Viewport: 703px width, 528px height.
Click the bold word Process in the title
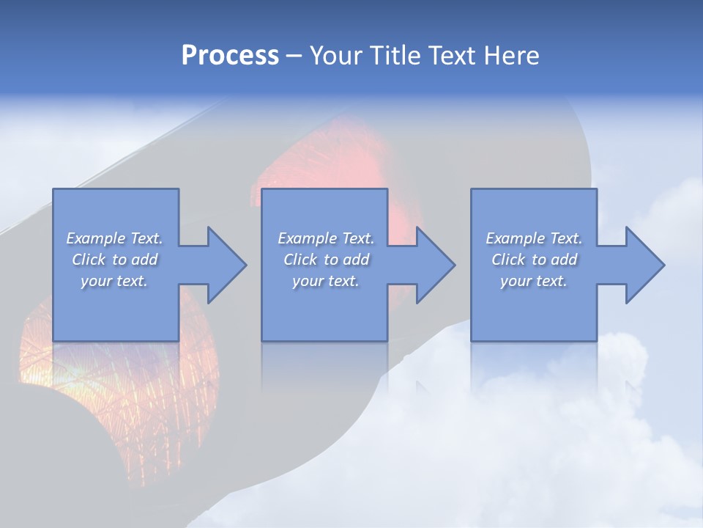click(230, 56)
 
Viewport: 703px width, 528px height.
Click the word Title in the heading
click(394, 56)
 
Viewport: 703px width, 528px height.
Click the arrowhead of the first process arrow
click(227, 265)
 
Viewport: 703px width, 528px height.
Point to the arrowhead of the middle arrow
click(436, 265)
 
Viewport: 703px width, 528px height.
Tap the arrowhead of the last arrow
click(644, 265)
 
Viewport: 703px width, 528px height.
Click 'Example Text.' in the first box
click(114, 238)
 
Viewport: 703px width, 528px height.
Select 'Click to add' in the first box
click(114, 260)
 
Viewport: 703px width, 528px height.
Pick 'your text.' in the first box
click(114, 281)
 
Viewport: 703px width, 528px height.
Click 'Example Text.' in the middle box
click(325, 238)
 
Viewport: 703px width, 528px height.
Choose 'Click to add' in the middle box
click(325, 260)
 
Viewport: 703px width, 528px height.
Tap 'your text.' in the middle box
click(325, 281)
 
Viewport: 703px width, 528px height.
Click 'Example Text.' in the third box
click(534, 238)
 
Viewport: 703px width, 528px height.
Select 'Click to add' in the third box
click(534, 260)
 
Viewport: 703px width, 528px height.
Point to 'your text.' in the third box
click(534, 281)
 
